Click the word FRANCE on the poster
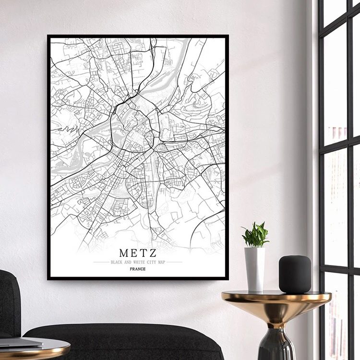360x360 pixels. (x=138, y=269)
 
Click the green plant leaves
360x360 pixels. (x=255, y=235)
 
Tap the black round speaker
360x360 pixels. (x=295, y=274)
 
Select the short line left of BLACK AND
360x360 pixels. (x=101, y=262)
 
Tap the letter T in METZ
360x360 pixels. (x=144, y=252)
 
